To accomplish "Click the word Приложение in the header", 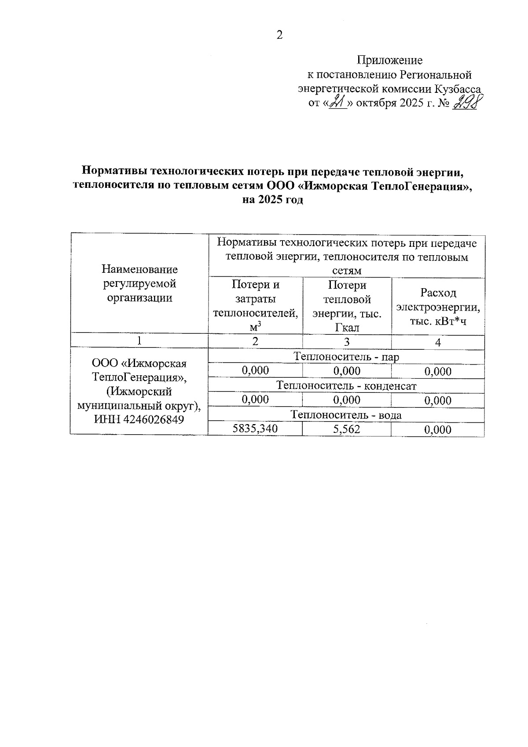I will point(389,60).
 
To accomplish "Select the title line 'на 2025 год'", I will point(273,200).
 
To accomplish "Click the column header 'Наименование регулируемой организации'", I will point(139,283).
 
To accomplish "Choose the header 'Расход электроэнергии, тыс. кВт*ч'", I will point(438,306).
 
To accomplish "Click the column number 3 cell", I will point(347,342).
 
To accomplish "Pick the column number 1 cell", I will point(139,341).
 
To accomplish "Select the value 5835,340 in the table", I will point(256,428).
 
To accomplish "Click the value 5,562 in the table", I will point(347,429).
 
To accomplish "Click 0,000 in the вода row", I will point(438,429).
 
